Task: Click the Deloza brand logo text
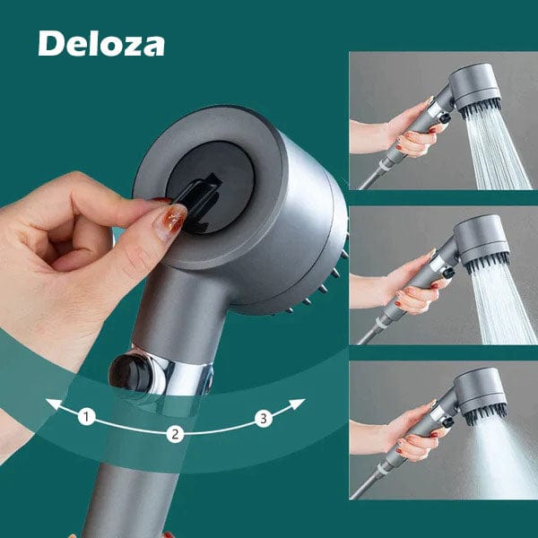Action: (x=101, y=42)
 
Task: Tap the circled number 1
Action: (x=86, y=416)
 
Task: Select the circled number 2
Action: (x=176, y=434)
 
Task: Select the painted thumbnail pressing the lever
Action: (x=169, y=220)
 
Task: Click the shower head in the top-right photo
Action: (x=474, y=91)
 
